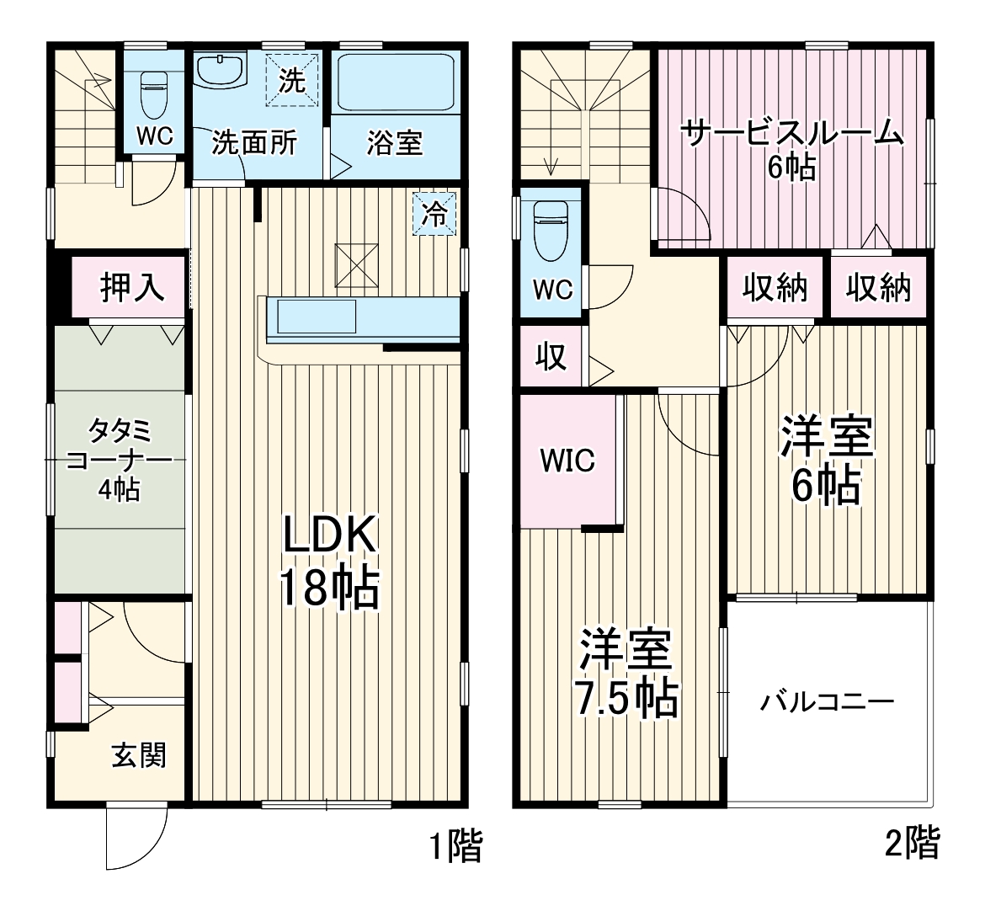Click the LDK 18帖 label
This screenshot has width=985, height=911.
tap(329, 561)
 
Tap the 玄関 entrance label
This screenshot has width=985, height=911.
tap(139, 755)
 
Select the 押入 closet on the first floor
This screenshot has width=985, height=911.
tap(132, 287)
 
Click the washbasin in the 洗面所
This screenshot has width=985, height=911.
tap(220, 70)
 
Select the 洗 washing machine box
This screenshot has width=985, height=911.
tap(292, 81)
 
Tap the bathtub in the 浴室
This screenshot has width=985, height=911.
tap(395, 83)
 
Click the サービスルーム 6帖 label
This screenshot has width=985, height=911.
tap(791, 149)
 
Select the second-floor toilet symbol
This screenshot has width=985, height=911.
tap(552, 231)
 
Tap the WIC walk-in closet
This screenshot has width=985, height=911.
tap(567, 461)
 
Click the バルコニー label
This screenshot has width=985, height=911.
tap(828, 701)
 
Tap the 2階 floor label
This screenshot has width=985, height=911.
tap(913, 843)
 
